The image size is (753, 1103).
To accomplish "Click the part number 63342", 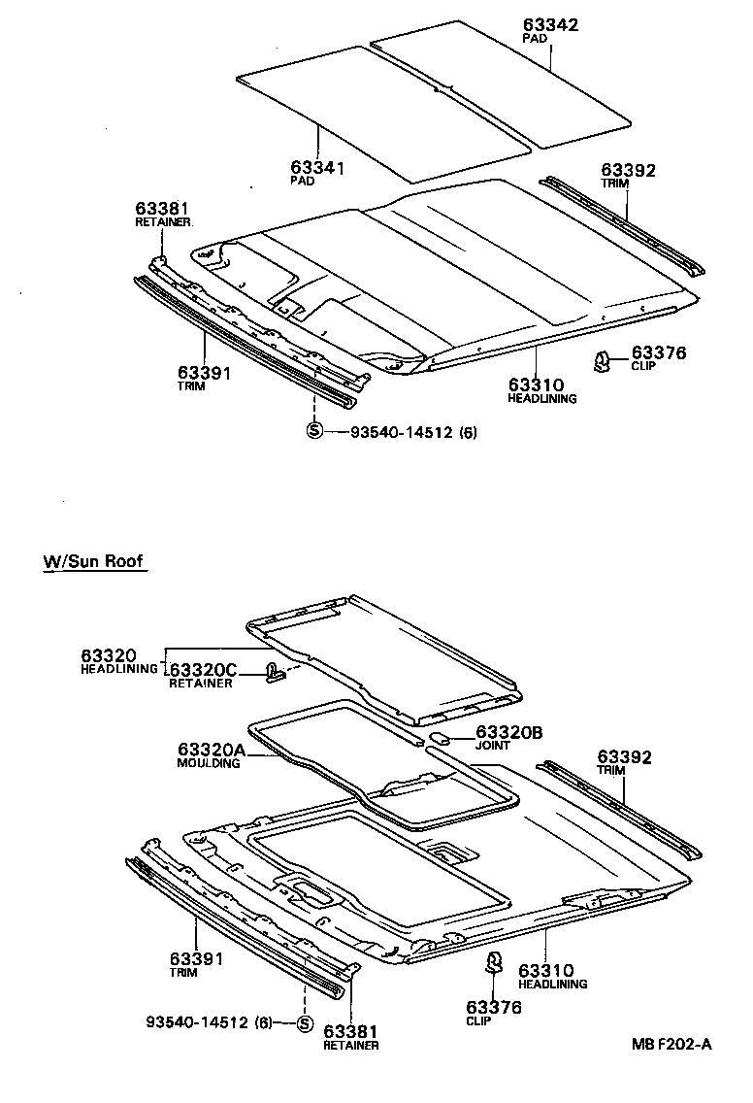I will pos(550,25).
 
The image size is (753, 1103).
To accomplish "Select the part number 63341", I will pos(317,168).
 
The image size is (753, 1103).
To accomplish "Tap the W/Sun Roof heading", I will pos(94,562).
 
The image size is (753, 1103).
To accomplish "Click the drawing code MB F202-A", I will pos(671,1044).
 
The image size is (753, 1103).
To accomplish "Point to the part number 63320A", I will pos(211,750).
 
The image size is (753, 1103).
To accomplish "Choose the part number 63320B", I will pos(507,732).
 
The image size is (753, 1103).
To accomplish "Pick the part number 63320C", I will pos(203,670).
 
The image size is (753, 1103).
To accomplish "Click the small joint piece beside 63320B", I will pos(438,739).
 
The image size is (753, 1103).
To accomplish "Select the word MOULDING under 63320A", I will pos(208,763).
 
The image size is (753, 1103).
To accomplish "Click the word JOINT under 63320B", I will pos(492,746).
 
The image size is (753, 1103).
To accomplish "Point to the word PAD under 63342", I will pos(534,39).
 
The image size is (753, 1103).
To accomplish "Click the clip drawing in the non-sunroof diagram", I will pos(602,362).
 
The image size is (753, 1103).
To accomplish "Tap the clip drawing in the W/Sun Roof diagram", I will pos(494,963).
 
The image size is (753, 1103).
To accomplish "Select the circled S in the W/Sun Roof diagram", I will pos(303,1022).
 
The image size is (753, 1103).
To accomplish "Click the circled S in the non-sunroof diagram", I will pos(313,432).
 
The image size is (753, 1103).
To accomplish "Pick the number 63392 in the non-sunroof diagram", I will pos(628,171).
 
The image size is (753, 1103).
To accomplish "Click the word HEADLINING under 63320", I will pos(119,669).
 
